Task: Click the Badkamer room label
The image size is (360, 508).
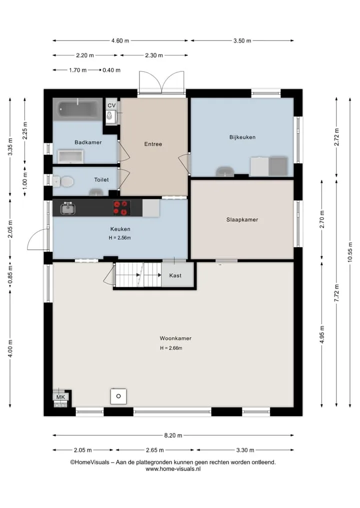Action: (88, 142)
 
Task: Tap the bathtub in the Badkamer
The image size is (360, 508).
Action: (78, 109)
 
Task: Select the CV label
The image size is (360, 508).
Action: (111, 105)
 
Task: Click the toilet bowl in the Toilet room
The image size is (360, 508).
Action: (66, 181)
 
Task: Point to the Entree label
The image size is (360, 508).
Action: (153, 144)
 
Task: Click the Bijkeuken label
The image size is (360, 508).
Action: (242, 137)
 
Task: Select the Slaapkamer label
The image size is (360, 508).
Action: (242, 220)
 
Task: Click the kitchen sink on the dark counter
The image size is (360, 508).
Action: (68, 209)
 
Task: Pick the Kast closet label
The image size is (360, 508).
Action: (175, 275)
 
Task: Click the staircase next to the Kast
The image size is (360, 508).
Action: (138, 275)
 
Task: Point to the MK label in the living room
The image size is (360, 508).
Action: (60, 397)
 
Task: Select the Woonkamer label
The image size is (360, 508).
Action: (175, 338)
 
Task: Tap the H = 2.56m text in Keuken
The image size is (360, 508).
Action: (119, 238)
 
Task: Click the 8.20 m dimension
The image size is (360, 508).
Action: (173, 436)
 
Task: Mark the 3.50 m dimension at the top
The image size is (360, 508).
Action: (242, 41)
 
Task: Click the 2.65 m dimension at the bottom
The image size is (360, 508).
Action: (154, 450)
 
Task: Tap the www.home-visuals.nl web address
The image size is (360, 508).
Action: (173, 469)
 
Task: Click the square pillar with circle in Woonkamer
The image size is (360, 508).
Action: (118, 396)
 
